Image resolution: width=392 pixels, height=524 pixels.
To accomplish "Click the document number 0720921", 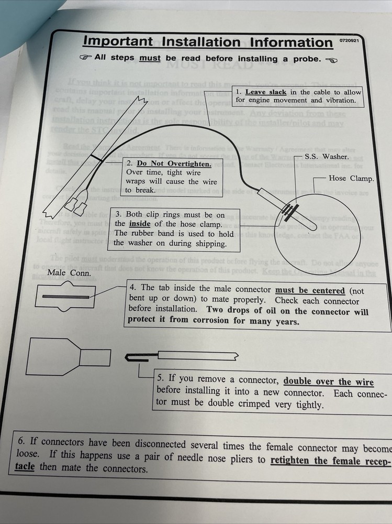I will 349,40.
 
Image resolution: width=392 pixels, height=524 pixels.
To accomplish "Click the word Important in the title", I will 118,41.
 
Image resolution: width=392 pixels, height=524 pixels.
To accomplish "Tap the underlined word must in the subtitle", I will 150,58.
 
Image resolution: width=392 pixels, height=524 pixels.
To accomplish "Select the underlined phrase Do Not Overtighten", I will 174,163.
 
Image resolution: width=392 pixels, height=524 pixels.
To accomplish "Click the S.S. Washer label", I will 326,156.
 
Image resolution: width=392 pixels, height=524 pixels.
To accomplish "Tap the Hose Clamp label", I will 351,178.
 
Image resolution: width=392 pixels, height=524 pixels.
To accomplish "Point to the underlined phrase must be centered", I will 310,291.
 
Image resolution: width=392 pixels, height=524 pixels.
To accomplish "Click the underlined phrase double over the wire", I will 329,381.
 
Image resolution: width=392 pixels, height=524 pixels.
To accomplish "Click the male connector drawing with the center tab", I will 64,297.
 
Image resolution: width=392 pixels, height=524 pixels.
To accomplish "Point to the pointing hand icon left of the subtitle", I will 85,58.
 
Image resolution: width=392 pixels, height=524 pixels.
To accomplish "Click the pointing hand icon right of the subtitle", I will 331,60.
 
